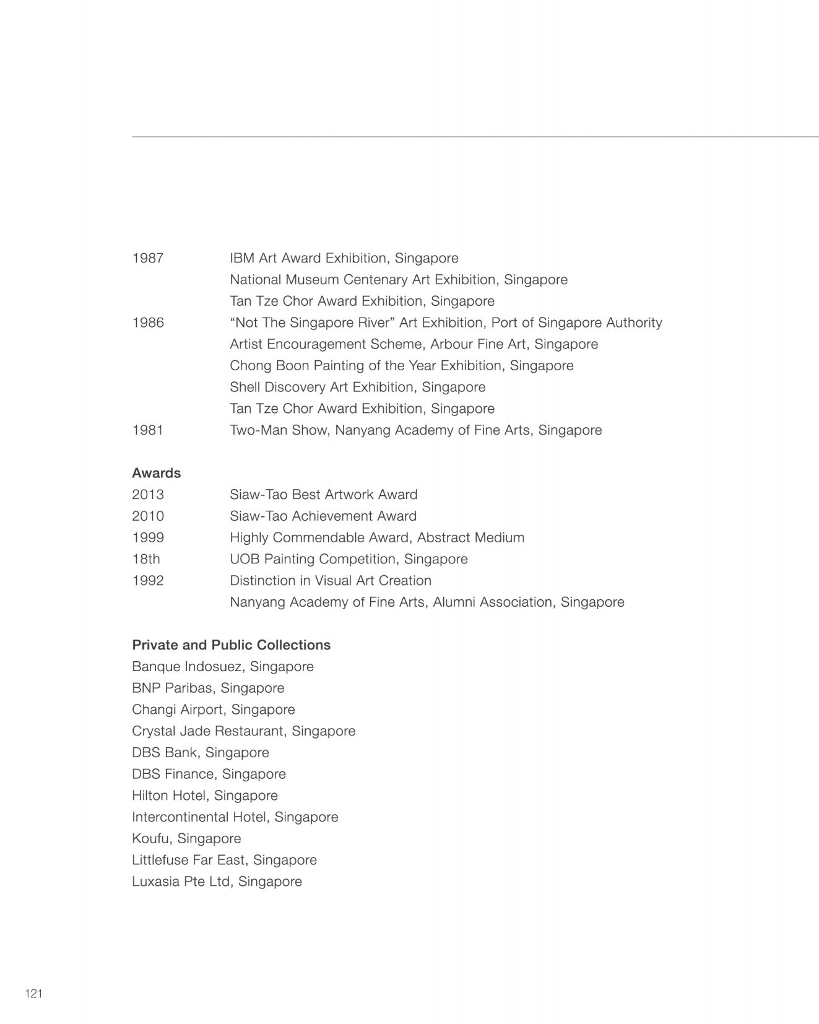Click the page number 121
point(33,994)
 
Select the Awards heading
point(156,473)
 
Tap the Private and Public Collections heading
point(231,645)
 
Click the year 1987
point(148,258)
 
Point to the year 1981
point(148,430)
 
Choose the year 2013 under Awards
point(148,495)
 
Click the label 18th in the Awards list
point(146,559)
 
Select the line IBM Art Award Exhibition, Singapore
point(344,258)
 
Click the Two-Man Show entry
point(415,430)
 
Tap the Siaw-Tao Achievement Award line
point(323,516)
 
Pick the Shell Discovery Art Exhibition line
point(357,388)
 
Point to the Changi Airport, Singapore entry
point(213,709)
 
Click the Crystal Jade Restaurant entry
point(243,731)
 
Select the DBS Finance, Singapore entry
point(209,774)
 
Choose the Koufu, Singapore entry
point(186,838)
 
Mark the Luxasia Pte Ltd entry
point(217,882)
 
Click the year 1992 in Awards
point(148,581)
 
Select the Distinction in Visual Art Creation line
point(330,581)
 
